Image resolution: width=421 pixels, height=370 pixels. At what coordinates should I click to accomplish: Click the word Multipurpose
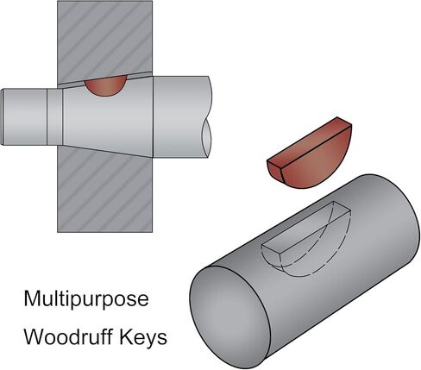pos(86,300)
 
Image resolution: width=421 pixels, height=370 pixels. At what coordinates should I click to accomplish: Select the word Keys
pos(143,338)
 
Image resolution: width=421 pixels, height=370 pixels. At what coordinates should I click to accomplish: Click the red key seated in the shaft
pos(106,85)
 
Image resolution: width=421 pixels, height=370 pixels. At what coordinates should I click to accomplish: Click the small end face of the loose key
pos(275,170)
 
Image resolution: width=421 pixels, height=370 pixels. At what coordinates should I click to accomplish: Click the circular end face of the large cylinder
pos(230,317)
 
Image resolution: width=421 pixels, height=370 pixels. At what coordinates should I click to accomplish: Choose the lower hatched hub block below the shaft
pos(105,192)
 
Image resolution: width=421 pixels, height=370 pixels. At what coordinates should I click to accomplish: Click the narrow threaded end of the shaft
pos(24,117)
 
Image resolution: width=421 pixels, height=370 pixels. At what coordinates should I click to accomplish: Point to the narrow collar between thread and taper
pos(55,117)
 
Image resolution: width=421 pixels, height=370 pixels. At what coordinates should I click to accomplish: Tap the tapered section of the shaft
pos(108,118)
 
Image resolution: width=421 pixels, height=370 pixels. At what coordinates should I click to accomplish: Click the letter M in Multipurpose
pos(32,298)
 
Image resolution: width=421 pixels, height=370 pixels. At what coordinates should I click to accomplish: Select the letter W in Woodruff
pos(35,336)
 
